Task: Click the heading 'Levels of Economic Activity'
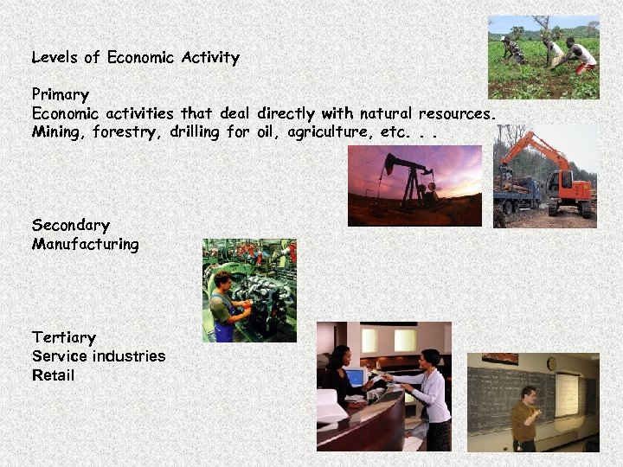[x=135, y=58]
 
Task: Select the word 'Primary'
[x=61, y=93]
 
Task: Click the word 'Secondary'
[x=71, y=225]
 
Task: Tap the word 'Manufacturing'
[x=85, y=244]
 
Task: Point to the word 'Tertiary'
[x=64, y=337]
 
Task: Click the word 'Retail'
[x=54, y=375]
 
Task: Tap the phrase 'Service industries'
[x=99, y=356]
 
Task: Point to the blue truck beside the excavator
[x=517, y=194]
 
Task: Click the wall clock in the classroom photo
[x=551, y=364]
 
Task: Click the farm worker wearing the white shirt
[x=585, y=55]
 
